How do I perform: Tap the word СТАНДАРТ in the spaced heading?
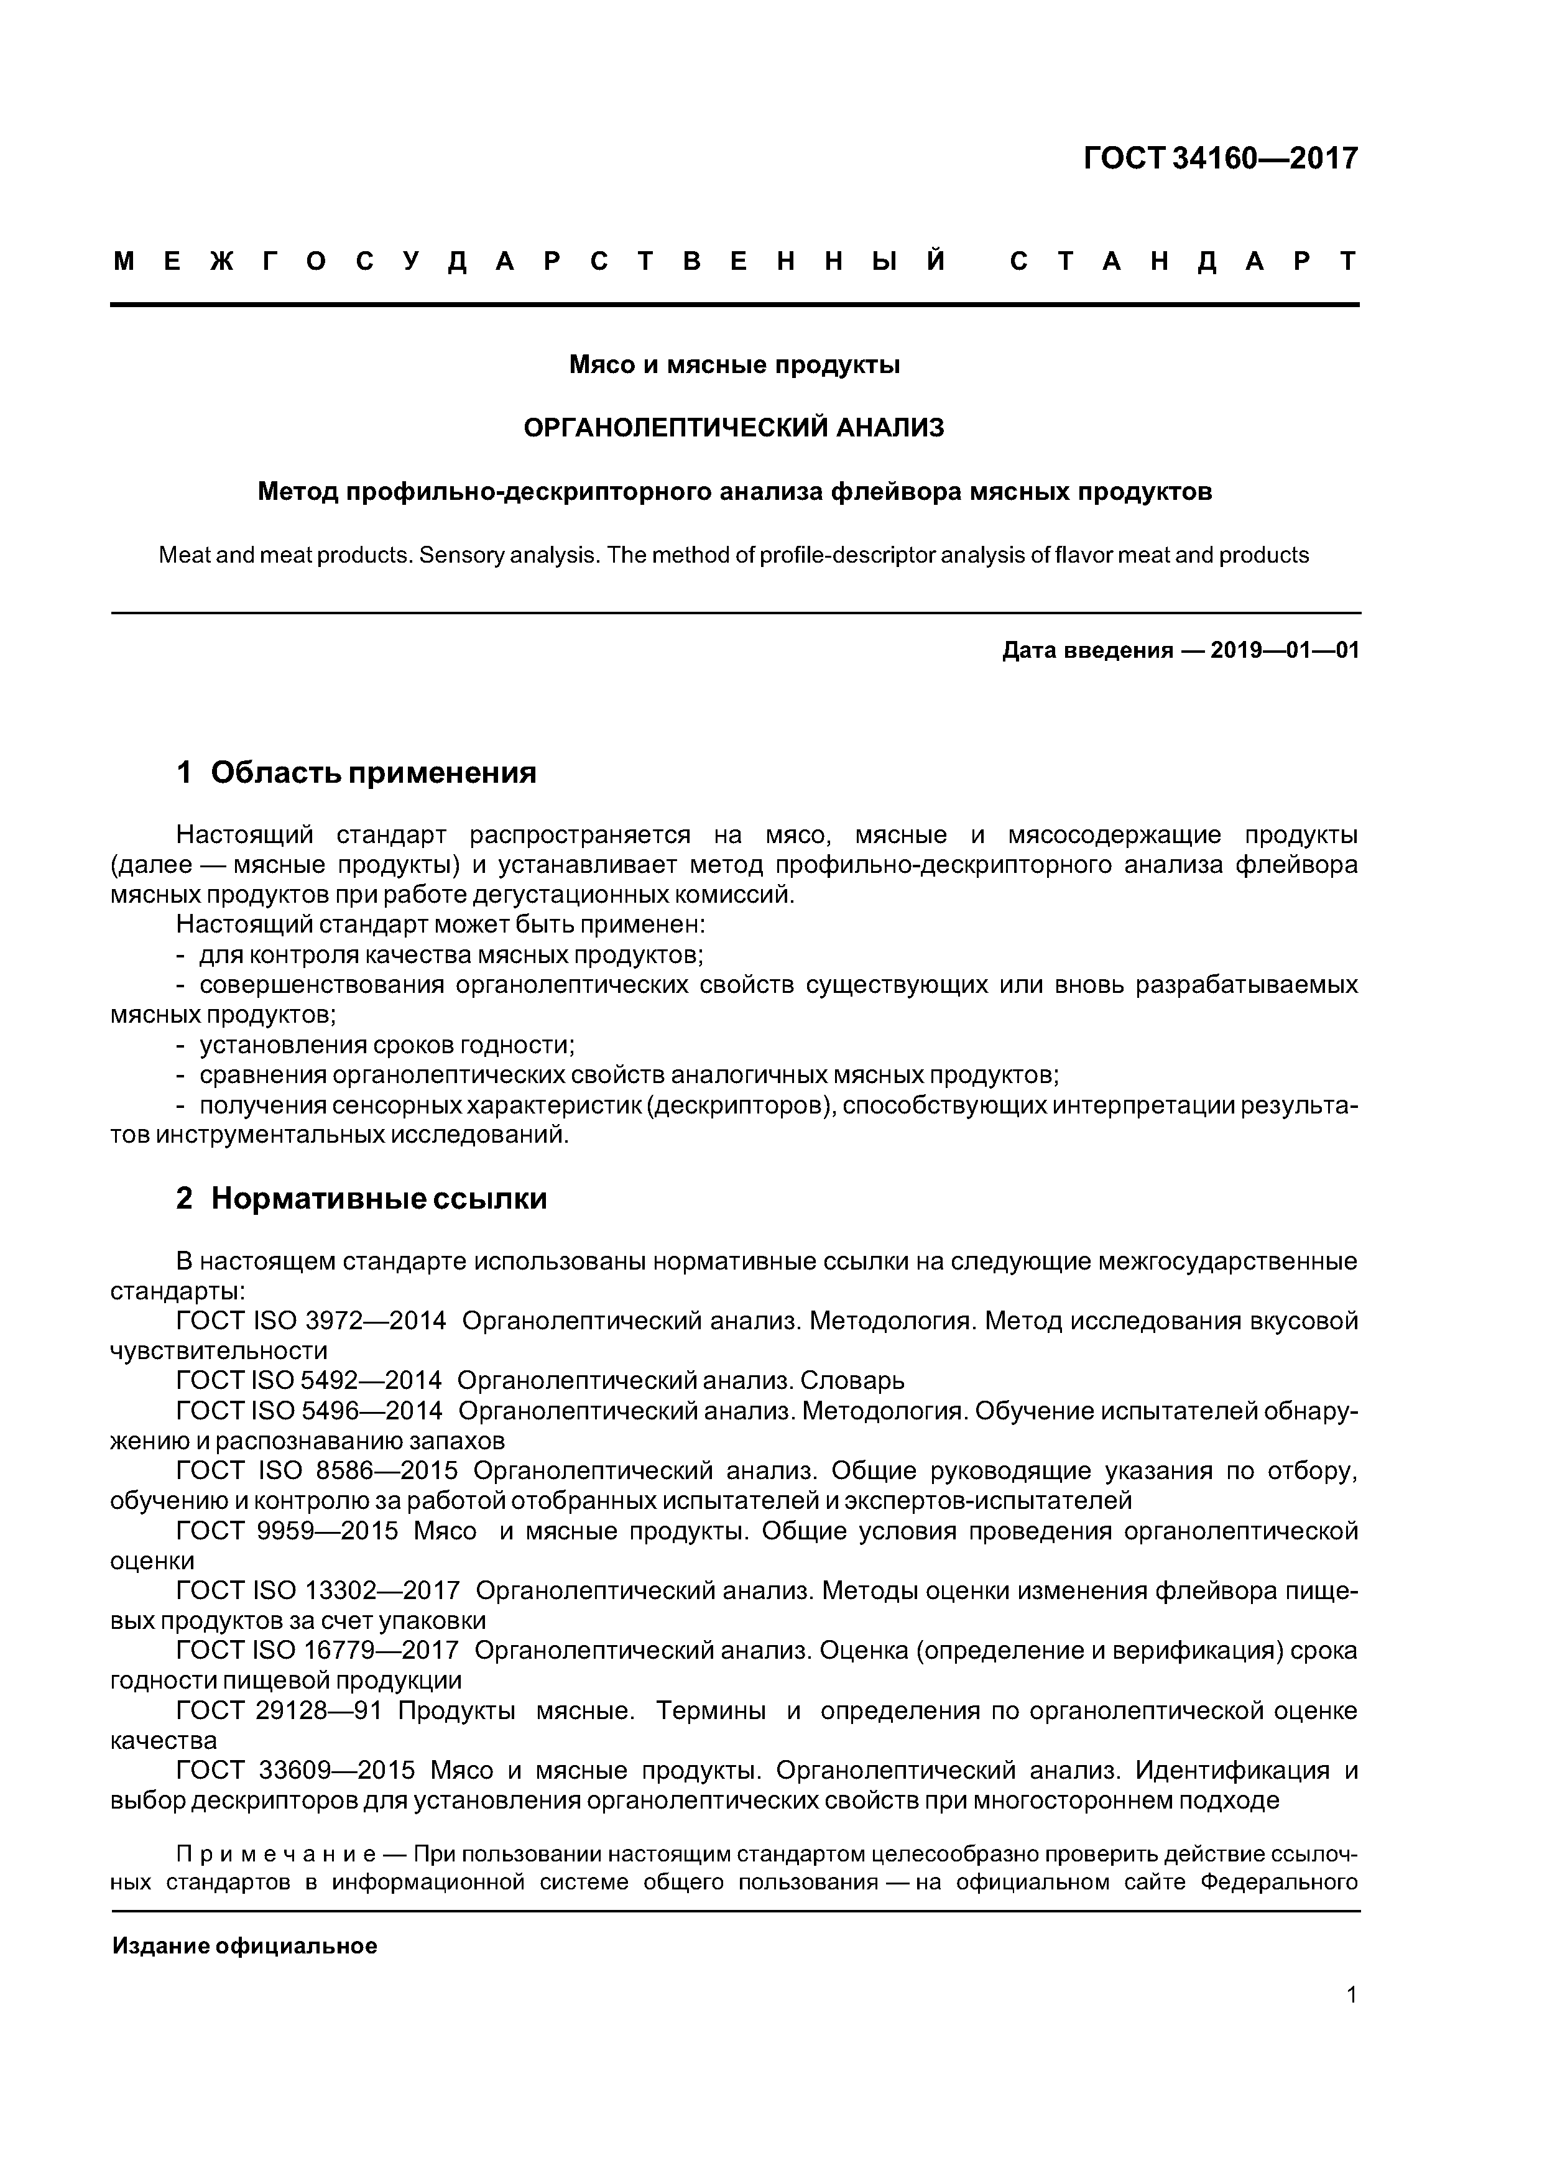point(1184,261)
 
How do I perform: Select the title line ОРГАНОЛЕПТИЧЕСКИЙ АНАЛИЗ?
point(734,428)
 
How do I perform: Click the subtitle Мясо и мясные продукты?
point(734,365)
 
